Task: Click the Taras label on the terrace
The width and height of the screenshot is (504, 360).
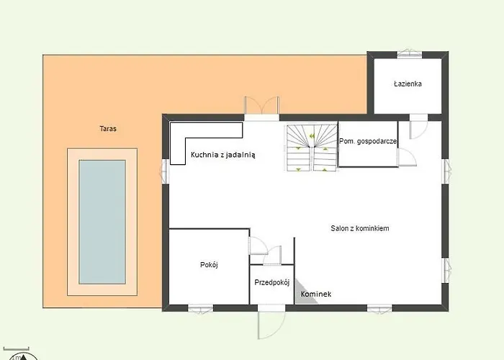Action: point(108,129)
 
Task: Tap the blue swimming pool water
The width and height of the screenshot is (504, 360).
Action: point(102,222)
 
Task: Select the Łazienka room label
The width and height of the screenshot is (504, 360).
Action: point(408,84)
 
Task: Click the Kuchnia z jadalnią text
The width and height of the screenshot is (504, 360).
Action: point(222,155)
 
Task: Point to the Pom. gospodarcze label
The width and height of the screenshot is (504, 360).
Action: point(368,141)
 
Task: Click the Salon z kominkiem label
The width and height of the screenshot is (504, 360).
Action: point(360,228)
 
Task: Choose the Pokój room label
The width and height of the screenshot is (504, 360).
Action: point(209,265)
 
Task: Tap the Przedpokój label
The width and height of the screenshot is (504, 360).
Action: point(272,282)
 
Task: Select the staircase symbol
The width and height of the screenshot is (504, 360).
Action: point(312,148)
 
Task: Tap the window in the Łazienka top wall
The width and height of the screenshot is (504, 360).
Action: point(410,54)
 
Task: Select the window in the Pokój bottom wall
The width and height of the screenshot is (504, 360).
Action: point(201,309)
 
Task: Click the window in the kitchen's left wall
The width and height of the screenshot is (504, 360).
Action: point(164,171)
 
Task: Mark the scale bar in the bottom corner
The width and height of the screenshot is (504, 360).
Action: point(16,348)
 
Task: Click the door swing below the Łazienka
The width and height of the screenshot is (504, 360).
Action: point(418,127)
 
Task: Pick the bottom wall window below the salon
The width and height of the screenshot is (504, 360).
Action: point(379,309)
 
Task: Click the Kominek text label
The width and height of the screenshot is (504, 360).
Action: point(316,294)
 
